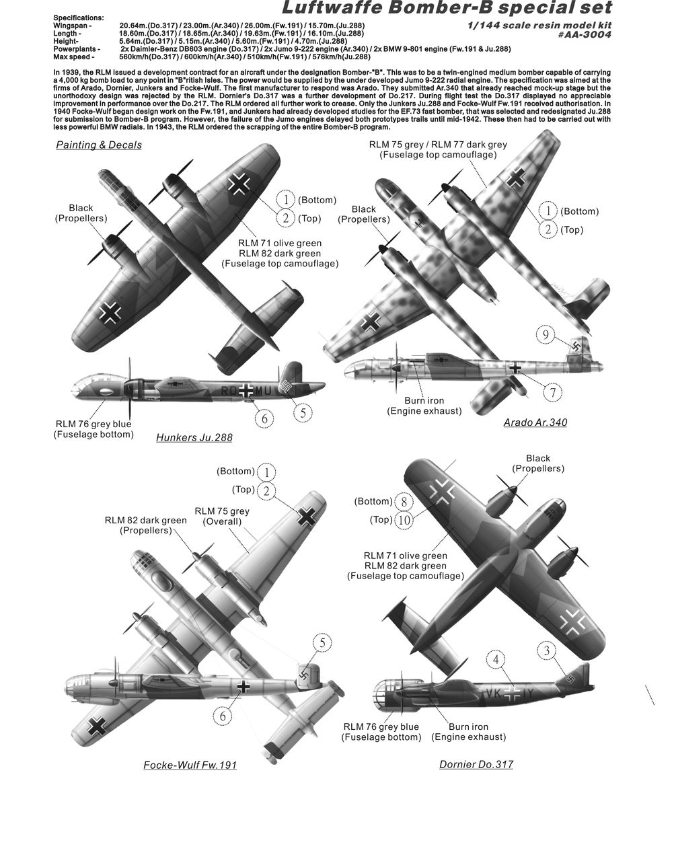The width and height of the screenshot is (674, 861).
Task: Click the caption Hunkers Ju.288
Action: pos(194,437)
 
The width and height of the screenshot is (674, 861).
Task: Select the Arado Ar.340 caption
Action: pos(535,422)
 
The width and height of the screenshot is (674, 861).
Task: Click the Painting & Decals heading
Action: pos(99,145)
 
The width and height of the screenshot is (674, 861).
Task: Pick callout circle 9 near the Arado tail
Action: pos(546,335)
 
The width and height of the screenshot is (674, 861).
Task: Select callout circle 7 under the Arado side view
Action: pos(552,393)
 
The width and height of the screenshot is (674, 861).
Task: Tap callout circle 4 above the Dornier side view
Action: pos(496,660)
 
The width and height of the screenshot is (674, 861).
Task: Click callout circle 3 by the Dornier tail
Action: pos(547,650)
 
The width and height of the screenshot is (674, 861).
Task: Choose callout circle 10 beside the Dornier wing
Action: pos(404,519)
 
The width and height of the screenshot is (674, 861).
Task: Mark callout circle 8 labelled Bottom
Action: pos(404,502)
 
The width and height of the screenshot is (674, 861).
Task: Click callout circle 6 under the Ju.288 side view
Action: pos(264,418)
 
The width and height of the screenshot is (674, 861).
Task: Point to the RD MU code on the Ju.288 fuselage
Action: pos(246,391)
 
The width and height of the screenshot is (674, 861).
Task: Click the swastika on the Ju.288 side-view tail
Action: pos(286,384)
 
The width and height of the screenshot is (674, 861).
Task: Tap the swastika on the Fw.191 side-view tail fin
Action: pos(304,675)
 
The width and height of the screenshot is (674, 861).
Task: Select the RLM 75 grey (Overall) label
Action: pos(222,517)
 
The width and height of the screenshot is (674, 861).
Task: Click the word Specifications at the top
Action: pos(79,18)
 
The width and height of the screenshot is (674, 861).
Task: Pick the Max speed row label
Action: pos(74,57)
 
